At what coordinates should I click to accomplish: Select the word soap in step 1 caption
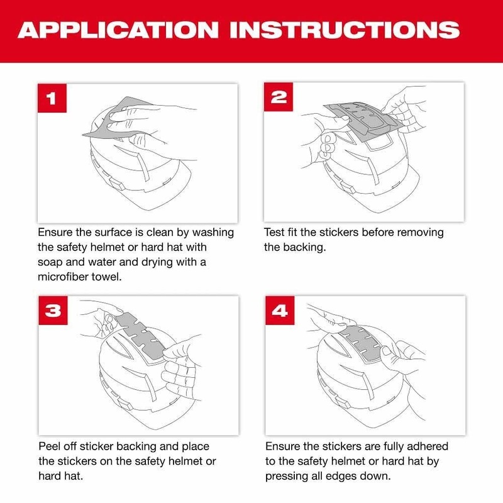pyautogui.click(x=52, y=262)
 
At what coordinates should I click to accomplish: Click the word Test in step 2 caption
pyautogui.click(x=275, y=233)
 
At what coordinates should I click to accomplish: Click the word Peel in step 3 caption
pyautogui.click(x=50, y=446)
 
